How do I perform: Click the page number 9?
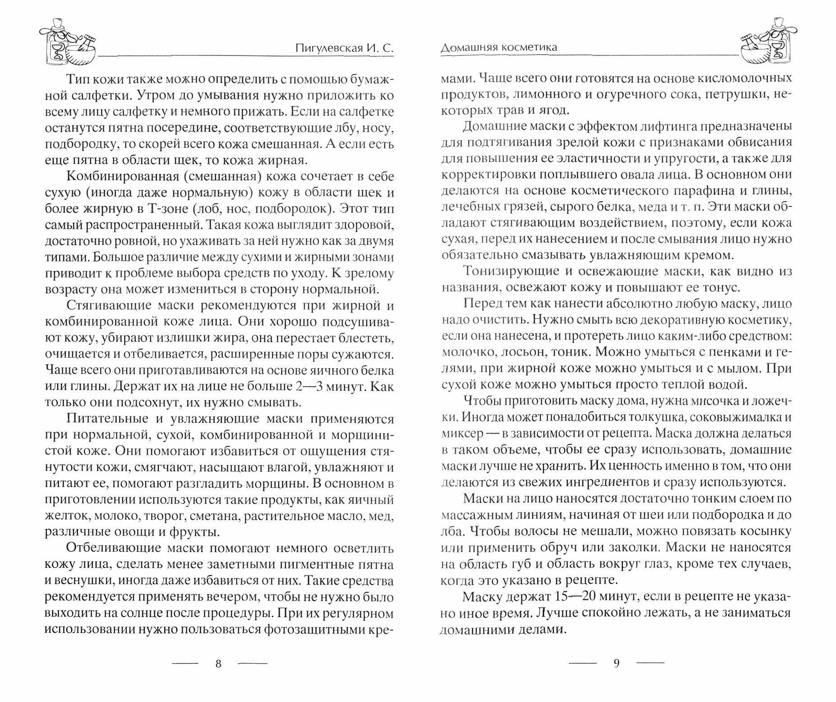coord(617,663)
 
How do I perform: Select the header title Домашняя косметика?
coord(499,47)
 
